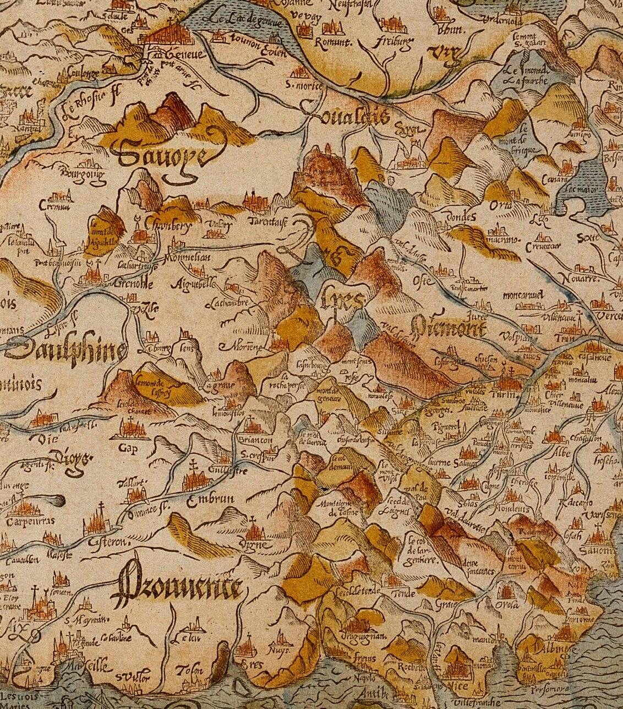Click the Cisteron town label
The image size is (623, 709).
(108, 542)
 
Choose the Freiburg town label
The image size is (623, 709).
(393, 42)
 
